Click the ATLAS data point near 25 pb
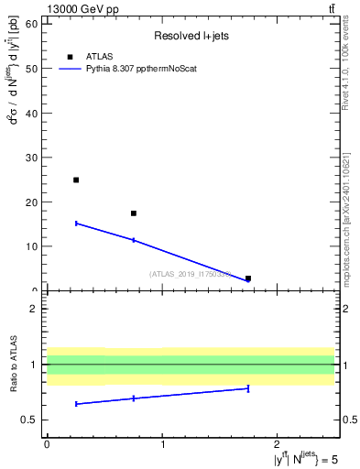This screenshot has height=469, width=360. point(76,180)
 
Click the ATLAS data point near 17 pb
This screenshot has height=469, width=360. point(134,213)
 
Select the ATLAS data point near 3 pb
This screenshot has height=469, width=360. point(248,278)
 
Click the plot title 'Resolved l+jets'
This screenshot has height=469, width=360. point(190,37)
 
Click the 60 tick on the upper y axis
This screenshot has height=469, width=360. point(32,23)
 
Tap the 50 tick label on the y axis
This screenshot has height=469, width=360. point(32,68)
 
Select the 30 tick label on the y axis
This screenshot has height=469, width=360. point(32,157)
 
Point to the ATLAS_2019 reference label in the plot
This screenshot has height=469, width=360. point(191,274)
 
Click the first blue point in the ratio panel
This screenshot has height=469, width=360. point(76,404)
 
